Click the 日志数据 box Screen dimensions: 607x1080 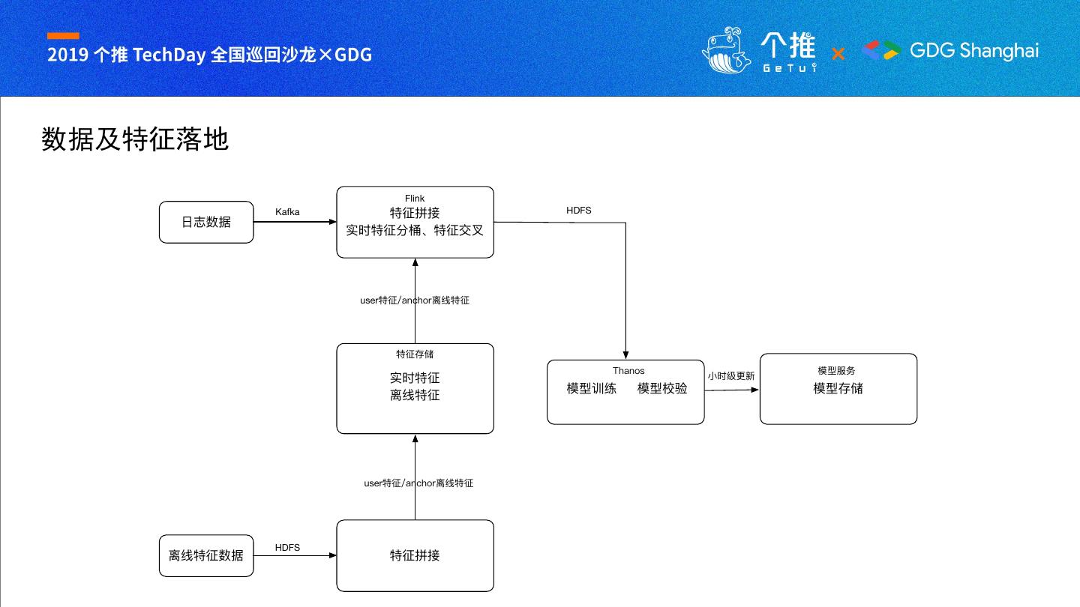pyautogui.click(x=206, y=222)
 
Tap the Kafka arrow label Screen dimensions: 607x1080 pyautogui.click(x=287, y=212)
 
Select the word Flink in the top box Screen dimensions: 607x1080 pyautogui.click(x=415, y=199)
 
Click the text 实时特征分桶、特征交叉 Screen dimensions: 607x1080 pyautogui.click(x=415, y=231)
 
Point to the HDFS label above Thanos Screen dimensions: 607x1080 pyautogui.click(x=578, y=211)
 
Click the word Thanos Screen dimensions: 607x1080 pyautogui.click(x=628, y=371)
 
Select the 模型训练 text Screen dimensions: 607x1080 pyautogui.click(x=592, y=389)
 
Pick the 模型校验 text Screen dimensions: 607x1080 pyautogui.click(x=662, y=389)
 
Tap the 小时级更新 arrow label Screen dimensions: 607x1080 pyautogui.click(x=731, y=376)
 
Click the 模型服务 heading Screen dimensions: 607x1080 pyautogui.click(x=836, y=371)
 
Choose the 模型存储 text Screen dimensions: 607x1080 pyautogui.click(x=838, y=389)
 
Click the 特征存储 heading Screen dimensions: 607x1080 pyautogui.click(x=415, y=354)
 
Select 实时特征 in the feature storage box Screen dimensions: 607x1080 pyautogui.click(x=415, y=378)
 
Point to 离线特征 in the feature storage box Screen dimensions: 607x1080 pyautogui.click(x=415, y=396)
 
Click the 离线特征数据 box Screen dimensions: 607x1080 pyautogui.click(x=206, y=555)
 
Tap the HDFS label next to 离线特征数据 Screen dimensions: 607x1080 pyautogui.click(x=287, y=548)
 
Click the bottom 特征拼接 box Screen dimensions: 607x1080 pyautogui.click(x=415, y=555)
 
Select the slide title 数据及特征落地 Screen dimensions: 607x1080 pyautogui.click(x=135, y=140)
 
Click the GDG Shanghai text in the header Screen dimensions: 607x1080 pyautogui.click(x=974, y=51)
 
